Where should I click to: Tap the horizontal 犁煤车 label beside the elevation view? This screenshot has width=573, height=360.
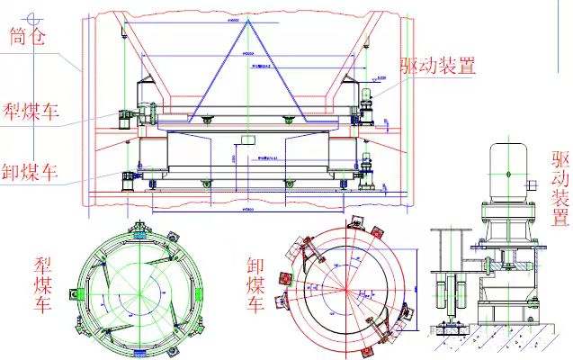point(31,112)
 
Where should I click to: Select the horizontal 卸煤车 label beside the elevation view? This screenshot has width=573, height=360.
point(31,170)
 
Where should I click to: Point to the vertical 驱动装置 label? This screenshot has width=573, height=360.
point(560,188)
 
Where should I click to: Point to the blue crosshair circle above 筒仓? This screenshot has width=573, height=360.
point(35,15)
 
